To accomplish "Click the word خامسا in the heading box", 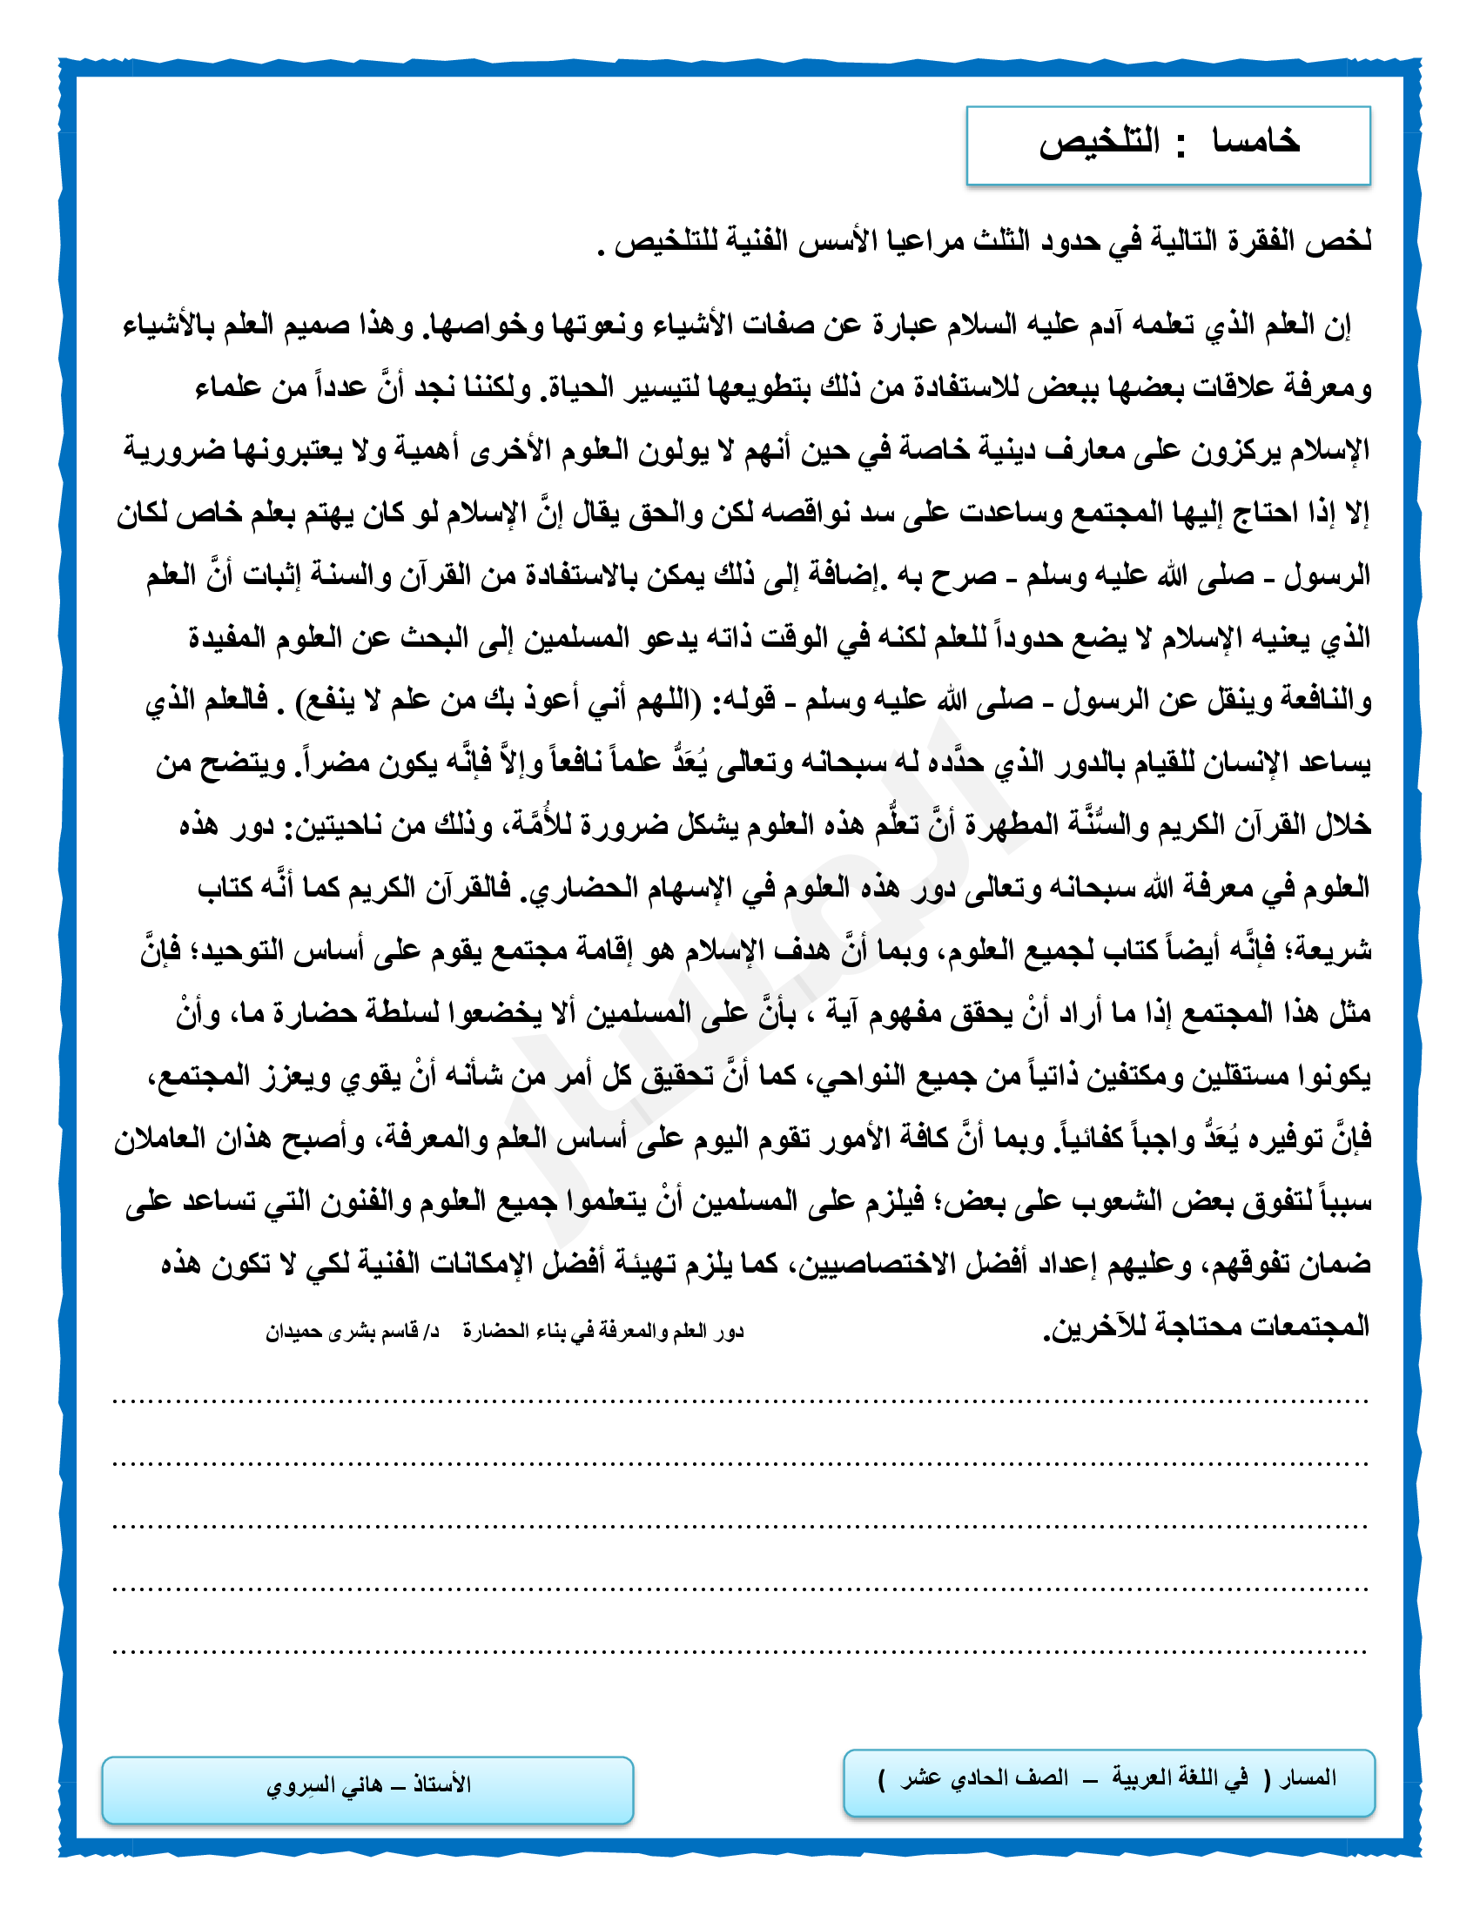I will (x=1255, y=142).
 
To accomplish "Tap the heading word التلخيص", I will (x=1100, y=142).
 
